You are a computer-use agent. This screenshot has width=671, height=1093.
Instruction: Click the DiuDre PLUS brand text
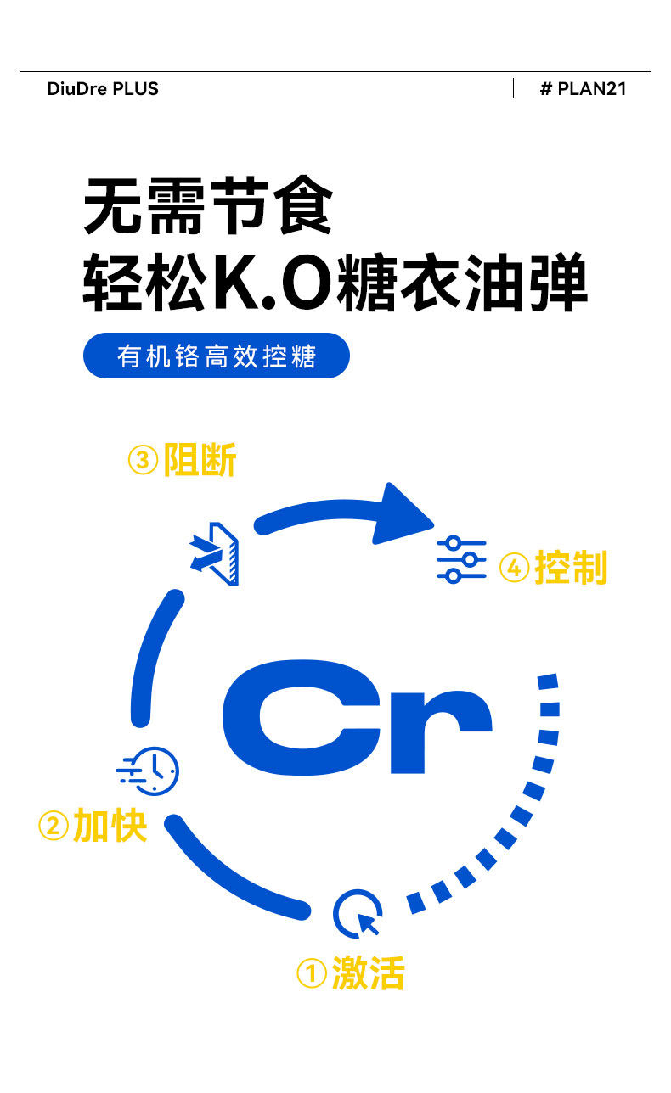pyautogui.click(x=103, y=88)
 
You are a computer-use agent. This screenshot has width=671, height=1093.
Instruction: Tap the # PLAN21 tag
pyautogui.click(x=583, y=88)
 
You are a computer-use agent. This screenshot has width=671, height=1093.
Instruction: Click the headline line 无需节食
pyautogui.click(x=207, y=206)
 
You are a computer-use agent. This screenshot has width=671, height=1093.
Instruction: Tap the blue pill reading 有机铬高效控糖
pyautogui.click(x=217, y=356)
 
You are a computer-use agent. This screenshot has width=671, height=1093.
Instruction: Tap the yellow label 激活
pyautogui.click(x=368, y=972)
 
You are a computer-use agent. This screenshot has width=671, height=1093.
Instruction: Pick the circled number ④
pyautogui.click(x=514, y=568)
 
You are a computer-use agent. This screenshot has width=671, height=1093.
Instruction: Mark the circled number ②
pyautogui.click(x=54, y=826)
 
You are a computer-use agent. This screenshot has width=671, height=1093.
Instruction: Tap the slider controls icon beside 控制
pyautogui.click(x=461, y=559)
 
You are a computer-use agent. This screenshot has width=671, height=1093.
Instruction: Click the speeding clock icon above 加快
pyautogui.click(x=149, y=771)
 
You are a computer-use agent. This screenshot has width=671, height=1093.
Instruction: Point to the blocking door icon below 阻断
pyautogui.click(x=216, y=552)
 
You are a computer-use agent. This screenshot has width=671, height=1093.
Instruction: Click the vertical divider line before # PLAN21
pyautogui.click(x=513, y=88)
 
